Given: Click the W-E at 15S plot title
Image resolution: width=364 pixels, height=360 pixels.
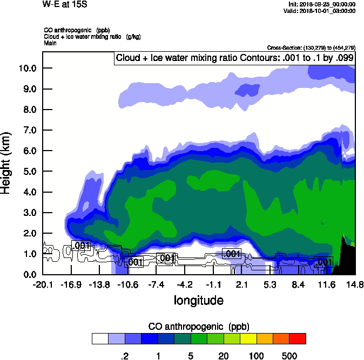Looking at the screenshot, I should [64, 4].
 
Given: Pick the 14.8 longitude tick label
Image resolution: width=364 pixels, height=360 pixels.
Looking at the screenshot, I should [355, 284].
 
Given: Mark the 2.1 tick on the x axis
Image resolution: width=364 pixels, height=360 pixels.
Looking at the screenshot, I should [241, 284].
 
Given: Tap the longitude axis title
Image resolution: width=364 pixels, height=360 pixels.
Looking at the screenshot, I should [198, 300].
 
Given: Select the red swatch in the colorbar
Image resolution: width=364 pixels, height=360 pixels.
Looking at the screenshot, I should [298, 339].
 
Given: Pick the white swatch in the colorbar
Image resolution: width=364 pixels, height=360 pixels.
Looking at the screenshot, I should [100, 339].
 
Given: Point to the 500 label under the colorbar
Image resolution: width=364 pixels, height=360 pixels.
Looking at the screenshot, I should [289, 356].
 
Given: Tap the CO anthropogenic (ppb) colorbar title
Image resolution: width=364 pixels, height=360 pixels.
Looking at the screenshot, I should [198, 327].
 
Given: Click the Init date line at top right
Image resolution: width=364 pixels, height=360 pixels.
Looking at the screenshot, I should [322, 4].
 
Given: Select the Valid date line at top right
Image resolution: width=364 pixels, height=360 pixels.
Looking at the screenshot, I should [321, 11].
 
